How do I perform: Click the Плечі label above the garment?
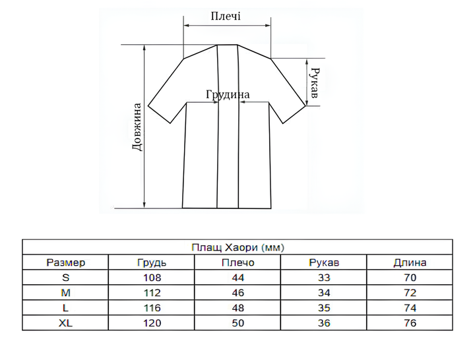pyautogui.click(x=226, y=16)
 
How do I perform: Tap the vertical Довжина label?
pyautogui.click(x=137, y=127)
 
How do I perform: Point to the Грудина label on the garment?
pyautogui.click(x=228, y=94)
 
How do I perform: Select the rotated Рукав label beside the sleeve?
pyautogui.click(x=315, y=83)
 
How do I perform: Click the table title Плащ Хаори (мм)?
pyautogui.click(x=237, y=248)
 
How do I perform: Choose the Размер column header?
pyautogui.click(x=66, y=262)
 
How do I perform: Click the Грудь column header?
pyautogui.click(x=152, y=262)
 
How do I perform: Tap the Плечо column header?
pyautogui.click(x=237, y=262)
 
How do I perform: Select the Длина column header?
pyautogui.click(x=410, y=262)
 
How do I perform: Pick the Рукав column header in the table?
pyautogui.click(x=324, y=262)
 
